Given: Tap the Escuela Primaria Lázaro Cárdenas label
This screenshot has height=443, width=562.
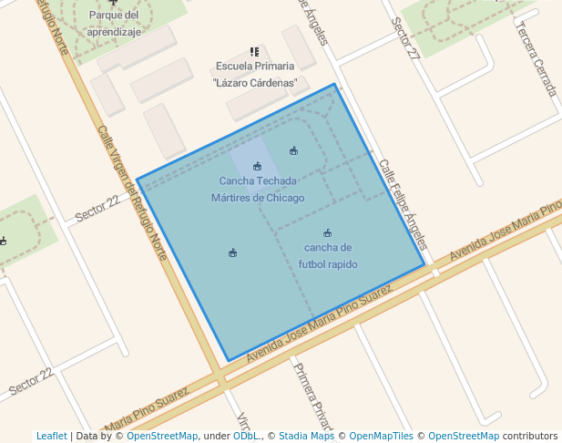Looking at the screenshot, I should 255,74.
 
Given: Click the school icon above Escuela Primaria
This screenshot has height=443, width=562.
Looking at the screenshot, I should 254,52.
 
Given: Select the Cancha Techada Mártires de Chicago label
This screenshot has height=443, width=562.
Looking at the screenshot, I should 258,190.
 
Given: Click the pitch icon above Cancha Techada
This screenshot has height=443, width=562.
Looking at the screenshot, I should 258,166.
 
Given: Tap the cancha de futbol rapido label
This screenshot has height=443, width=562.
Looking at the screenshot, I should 328,256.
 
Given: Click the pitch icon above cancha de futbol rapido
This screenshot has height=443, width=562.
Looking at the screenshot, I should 328,233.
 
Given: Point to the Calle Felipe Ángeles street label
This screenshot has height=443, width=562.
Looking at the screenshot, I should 403,205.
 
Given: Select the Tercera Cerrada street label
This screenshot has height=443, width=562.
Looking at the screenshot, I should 536,57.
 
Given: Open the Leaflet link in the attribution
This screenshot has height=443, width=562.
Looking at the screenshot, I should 52,436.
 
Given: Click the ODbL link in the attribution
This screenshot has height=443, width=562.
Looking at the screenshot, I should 246,436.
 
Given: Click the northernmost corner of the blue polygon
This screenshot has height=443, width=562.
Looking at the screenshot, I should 335,85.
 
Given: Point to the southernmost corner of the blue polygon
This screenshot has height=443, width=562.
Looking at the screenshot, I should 226,361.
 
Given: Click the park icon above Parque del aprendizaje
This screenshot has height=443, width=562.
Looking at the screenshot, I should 114,2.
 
